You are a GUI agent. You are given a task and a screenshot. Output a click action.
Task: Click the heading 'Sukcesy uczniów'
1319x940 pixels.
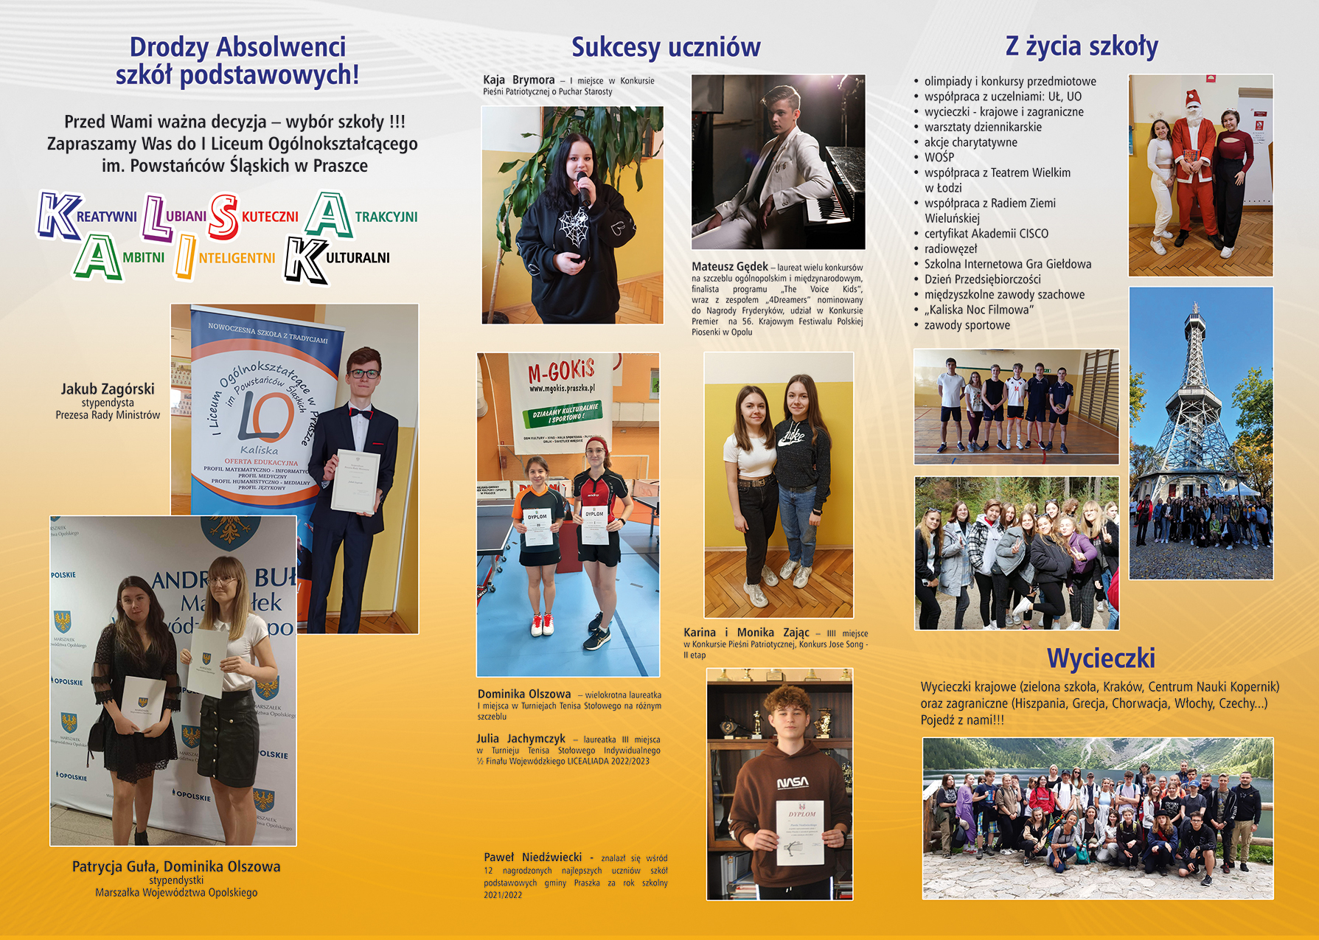click(666, 47)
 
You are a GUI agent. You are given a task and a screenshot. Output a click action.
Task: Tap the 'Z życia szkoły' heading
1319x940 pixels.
click(1082, 46)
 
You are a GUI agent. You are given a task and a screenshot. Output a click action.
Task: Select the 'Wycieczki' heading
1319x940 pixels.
click(1101, 658)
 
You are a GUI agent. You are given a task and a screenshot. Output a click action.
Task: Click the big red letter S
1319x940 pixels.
click(223, 217)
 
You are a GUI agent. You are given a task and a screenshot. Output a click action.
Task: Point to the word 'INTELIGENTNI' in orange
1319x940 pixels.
click(236, 258)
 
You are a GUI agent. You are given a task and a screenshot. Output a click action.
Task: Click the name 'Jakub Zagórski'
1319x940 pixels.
click(108, 389)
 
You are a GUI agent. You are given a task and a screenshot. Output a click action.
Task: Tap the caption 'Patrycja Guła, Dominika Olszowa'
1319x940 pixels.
click(176, 866)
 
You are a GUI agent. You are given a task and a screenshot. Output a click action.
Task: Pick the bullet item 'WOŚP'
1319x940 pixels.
click(939, 157)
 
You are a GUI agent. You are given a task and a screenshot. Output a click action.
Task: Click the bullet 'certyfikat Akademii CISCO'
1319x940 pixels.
click(986, 234)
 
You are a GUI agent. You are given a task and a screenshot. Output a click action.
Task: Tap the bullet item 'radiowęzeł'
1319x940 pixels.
click(950, 249)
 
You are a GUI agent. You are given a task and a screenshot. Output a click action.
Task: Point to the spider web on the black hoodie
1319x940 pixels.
click(573, 226)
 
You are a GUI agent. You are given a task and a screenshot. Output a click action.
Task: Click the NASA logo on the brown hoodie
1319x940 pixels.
click(793, 782)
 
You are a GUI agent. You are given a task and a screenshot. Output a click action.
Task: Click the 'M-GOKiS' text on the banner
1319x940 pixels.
click(561, 371)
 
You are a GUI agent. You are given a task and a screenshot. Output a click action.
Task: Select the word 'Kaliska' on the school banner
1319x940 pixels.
click(259, 450)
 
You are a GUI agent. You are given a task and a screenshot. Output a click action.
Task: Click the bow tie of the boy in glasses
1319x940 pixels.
click(360, 414)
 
